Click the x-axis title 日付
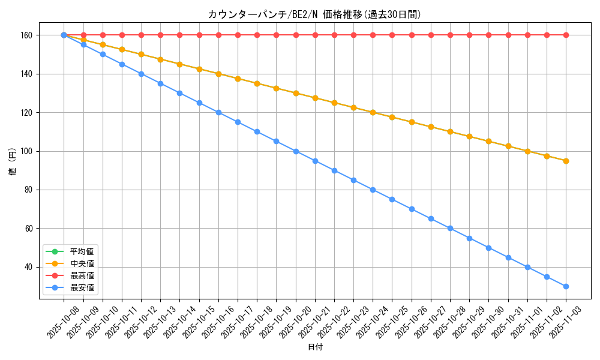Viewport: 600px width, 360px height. click(x=315, y=347)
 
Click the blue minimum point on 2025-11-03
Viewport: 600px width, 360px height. click(x=566, y=286)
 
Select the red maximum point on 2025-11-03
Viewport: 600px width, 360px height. click(x=566, y=35)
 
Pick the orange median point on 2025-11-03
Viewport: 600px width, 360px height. click(x=566, y=161)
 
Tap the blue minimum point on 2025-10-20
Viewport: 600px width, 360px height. click(x=296, y=151)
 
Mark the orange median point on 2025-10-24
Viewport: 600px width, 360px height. click(x=373, y=112)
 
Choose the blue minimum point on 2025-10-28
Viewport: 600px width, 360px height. click(x=450, y=228)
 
